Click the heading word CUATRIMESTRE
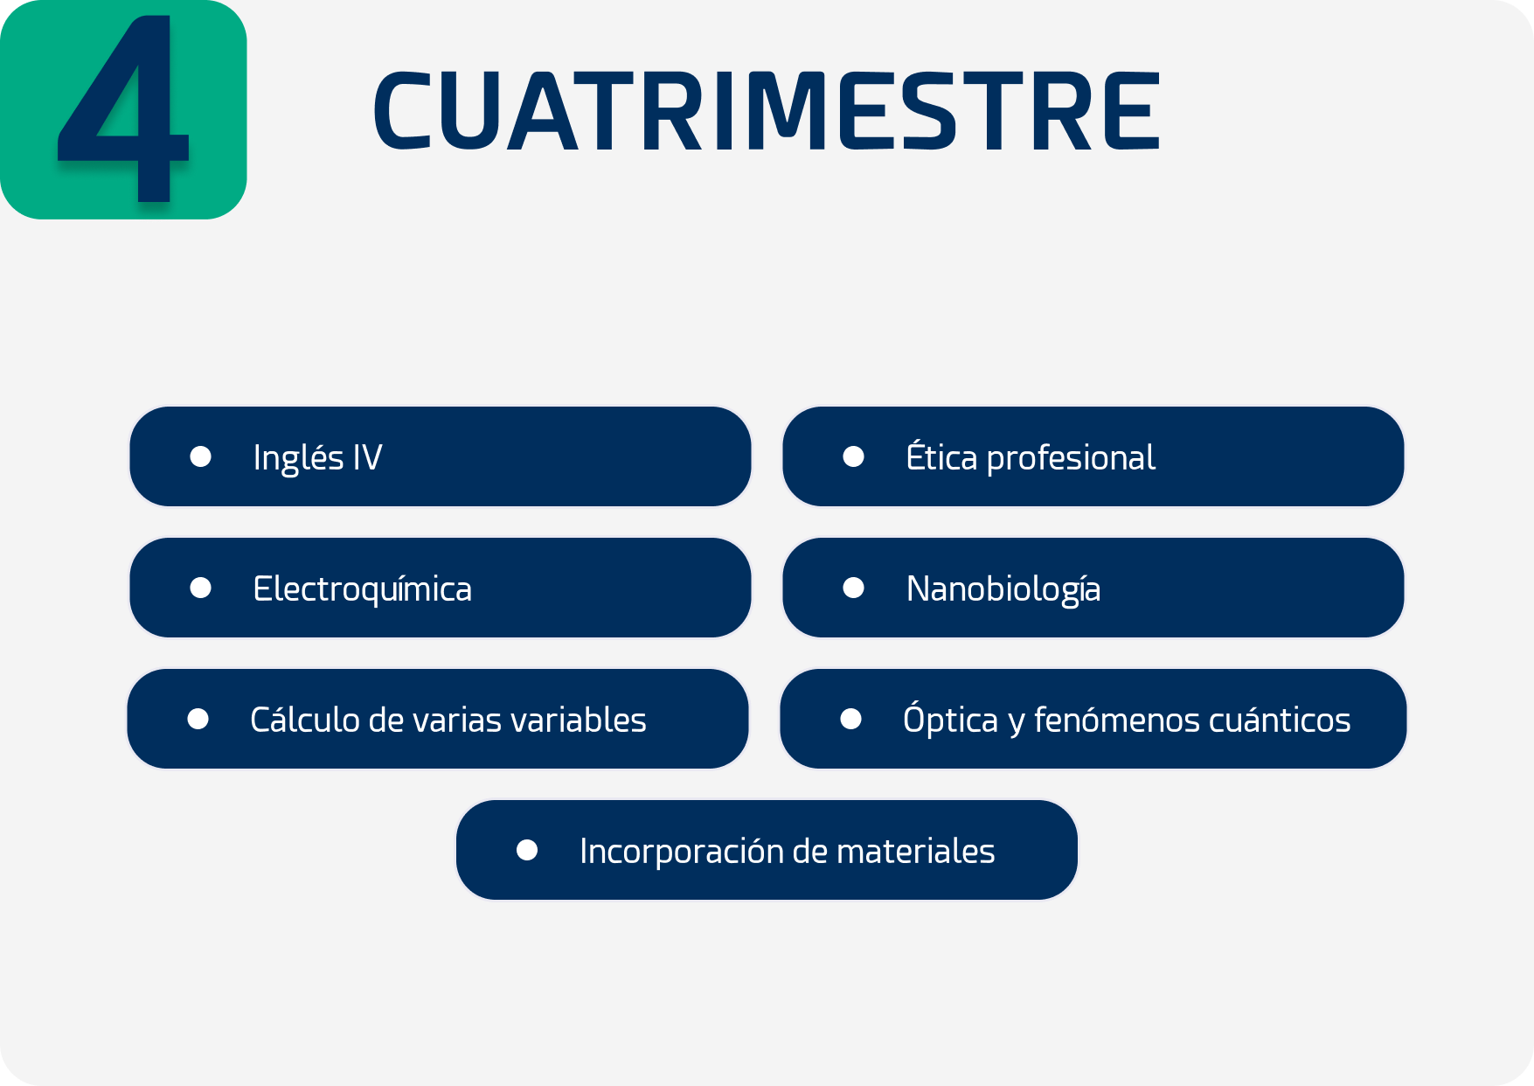767,111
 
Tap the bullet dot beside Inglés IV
201,456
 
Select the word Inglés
298,458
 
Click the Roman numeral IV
368,457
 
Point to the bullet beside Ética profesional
854,456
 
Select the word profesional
1071,458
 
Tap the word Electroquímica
362,589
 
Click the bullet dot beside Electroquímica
201,588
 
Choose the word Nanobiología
1003,589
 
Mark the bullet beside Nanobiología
854,588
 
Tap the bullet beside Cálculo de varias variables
198,719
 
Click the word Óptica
950,719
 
